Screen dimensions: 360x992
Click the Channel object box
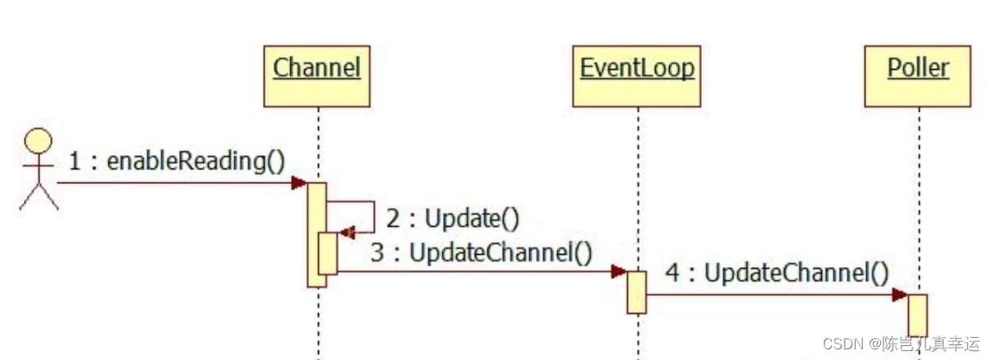(x=316, y=76)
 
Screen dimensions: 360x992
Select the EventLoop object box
(x=637, y=76)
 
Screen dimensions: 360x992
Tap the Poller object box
(x=918, y=76)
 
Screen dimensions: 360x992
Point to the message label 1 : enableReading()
(x=176, y=161)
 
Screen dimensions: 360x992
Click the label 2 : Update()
(x=453, y=219)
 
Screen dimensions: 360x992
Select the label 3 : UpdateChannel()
(x=481, y=252)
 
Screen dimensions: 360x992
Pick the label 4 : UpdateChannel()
(x=777, y=273)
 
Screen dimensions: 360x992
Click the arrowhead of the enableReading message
(x=299, y=182)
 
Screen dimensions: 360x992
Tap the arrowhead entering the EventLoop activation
(x=619, y=272)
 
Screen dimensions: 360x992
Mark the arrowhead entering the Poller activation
(x=900, y=294)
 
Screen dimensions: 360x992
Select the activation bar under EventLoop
(x=637, y=292)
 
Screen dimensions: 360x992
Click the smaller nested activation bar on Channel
(x=327, y=253)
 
